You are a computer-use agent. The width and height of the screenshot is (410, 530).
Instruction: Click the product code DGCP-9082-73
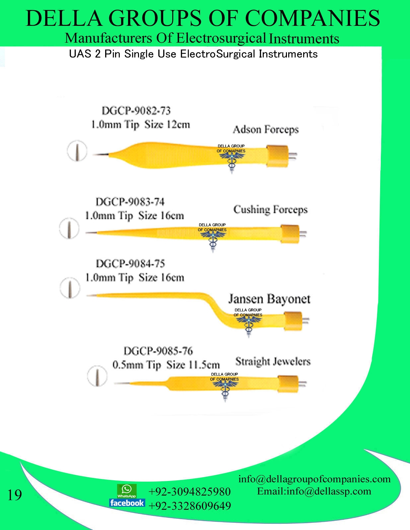(136, 111)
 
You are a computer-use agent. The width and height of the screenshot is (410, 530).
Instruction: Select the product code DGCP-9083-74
(130, 202)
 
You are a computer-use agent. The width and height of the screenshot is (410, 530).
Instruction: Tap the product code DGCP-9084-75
(130, 264)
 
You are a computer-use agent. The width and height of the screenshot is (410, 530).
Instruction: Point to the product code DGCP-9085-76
(158, 351)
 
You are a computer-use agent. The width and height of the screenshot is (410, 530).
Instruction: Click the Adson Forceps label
(266, 130)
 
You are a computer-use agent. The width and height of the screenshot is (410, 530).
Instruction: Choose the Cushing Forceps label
(270, 210)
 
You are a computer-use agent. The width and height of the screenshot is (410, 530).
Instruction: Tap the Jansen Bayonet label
(269, 299)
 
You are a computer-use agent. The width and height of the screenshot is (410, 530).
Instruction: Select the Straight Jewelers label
(273, 361)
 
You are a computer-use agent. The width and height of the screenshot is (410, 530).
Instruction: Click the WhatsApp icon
(127, 491)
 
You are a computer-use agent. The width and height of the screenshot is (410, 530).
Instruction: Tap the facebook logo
(127, 503)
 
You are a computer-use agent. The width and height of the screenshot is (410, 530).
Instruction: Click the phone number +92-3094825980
(189, 492)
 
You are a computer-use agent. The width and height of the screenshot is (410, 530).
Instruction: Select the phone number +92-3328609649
(189, 506)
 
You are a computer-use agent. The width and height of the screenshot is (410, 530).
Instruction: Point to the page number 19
(15, 495)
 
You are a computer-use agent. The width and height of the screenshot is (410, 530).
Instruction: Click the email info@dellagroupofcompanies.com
(314, 479)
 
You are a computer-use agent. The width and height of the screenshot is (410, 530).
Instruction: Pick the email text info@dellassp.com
(329, 491)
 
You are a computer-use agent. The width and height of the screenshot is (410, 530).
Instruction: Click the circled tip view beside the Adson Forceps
(77, 151)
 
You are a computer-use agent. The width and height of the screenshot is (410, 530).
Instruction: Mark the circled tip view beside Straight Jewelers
(97, 376)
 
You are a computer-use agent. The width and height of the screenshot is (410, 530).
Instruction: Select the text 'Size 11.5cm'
(193, 365)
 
